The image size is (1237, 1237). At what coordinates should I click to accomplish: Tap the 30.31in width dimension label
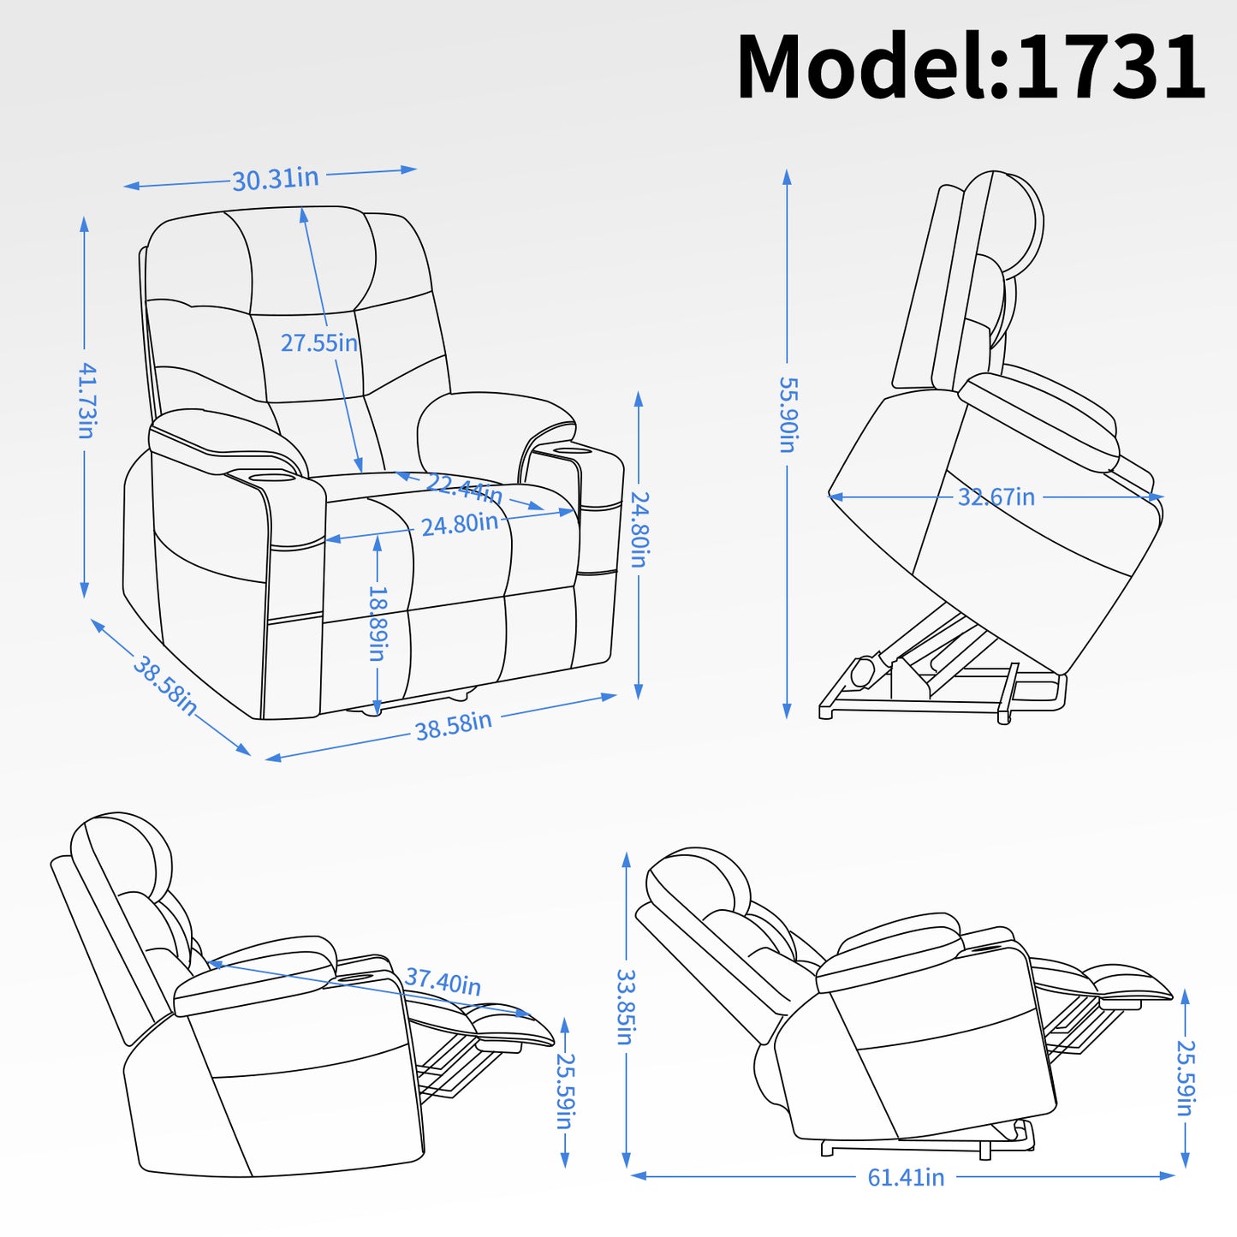tap(276, 179)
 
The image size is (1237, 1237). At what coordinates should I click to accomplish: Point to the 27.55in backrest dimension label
tap(318, 342)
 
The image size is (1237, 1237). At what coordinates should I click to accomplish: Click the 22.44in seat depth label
tap(463, 489)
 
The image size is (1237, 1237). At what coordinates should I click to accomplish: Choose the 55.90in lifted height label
tap(788, 414)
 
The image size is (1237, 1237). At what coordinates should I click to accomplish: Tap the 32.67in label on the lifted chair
tap(996, 497)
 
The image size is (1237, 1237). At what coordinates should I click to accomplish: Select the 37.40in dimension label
tap(443, 981)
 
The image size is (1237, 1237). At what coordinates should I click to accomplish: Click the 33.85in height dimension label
tap(626, 1007)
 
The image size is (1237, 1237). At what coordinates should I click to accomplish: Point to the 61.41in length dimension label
tap(906, 1178)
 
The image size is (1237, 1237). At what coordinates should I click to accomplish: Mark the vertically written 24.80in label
tap(639, 529)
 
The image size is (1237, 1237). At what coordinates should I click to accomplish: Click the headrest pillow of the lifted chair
tap(1014, 218)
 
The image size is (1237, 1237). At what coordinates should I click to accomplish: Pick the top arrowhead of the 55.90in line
tap(787, 176)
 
